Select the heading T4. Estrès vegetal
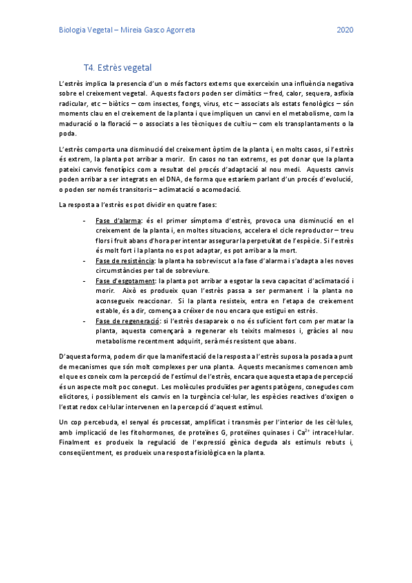(117, 68)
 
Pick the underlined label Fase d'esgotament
(125, 282)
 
